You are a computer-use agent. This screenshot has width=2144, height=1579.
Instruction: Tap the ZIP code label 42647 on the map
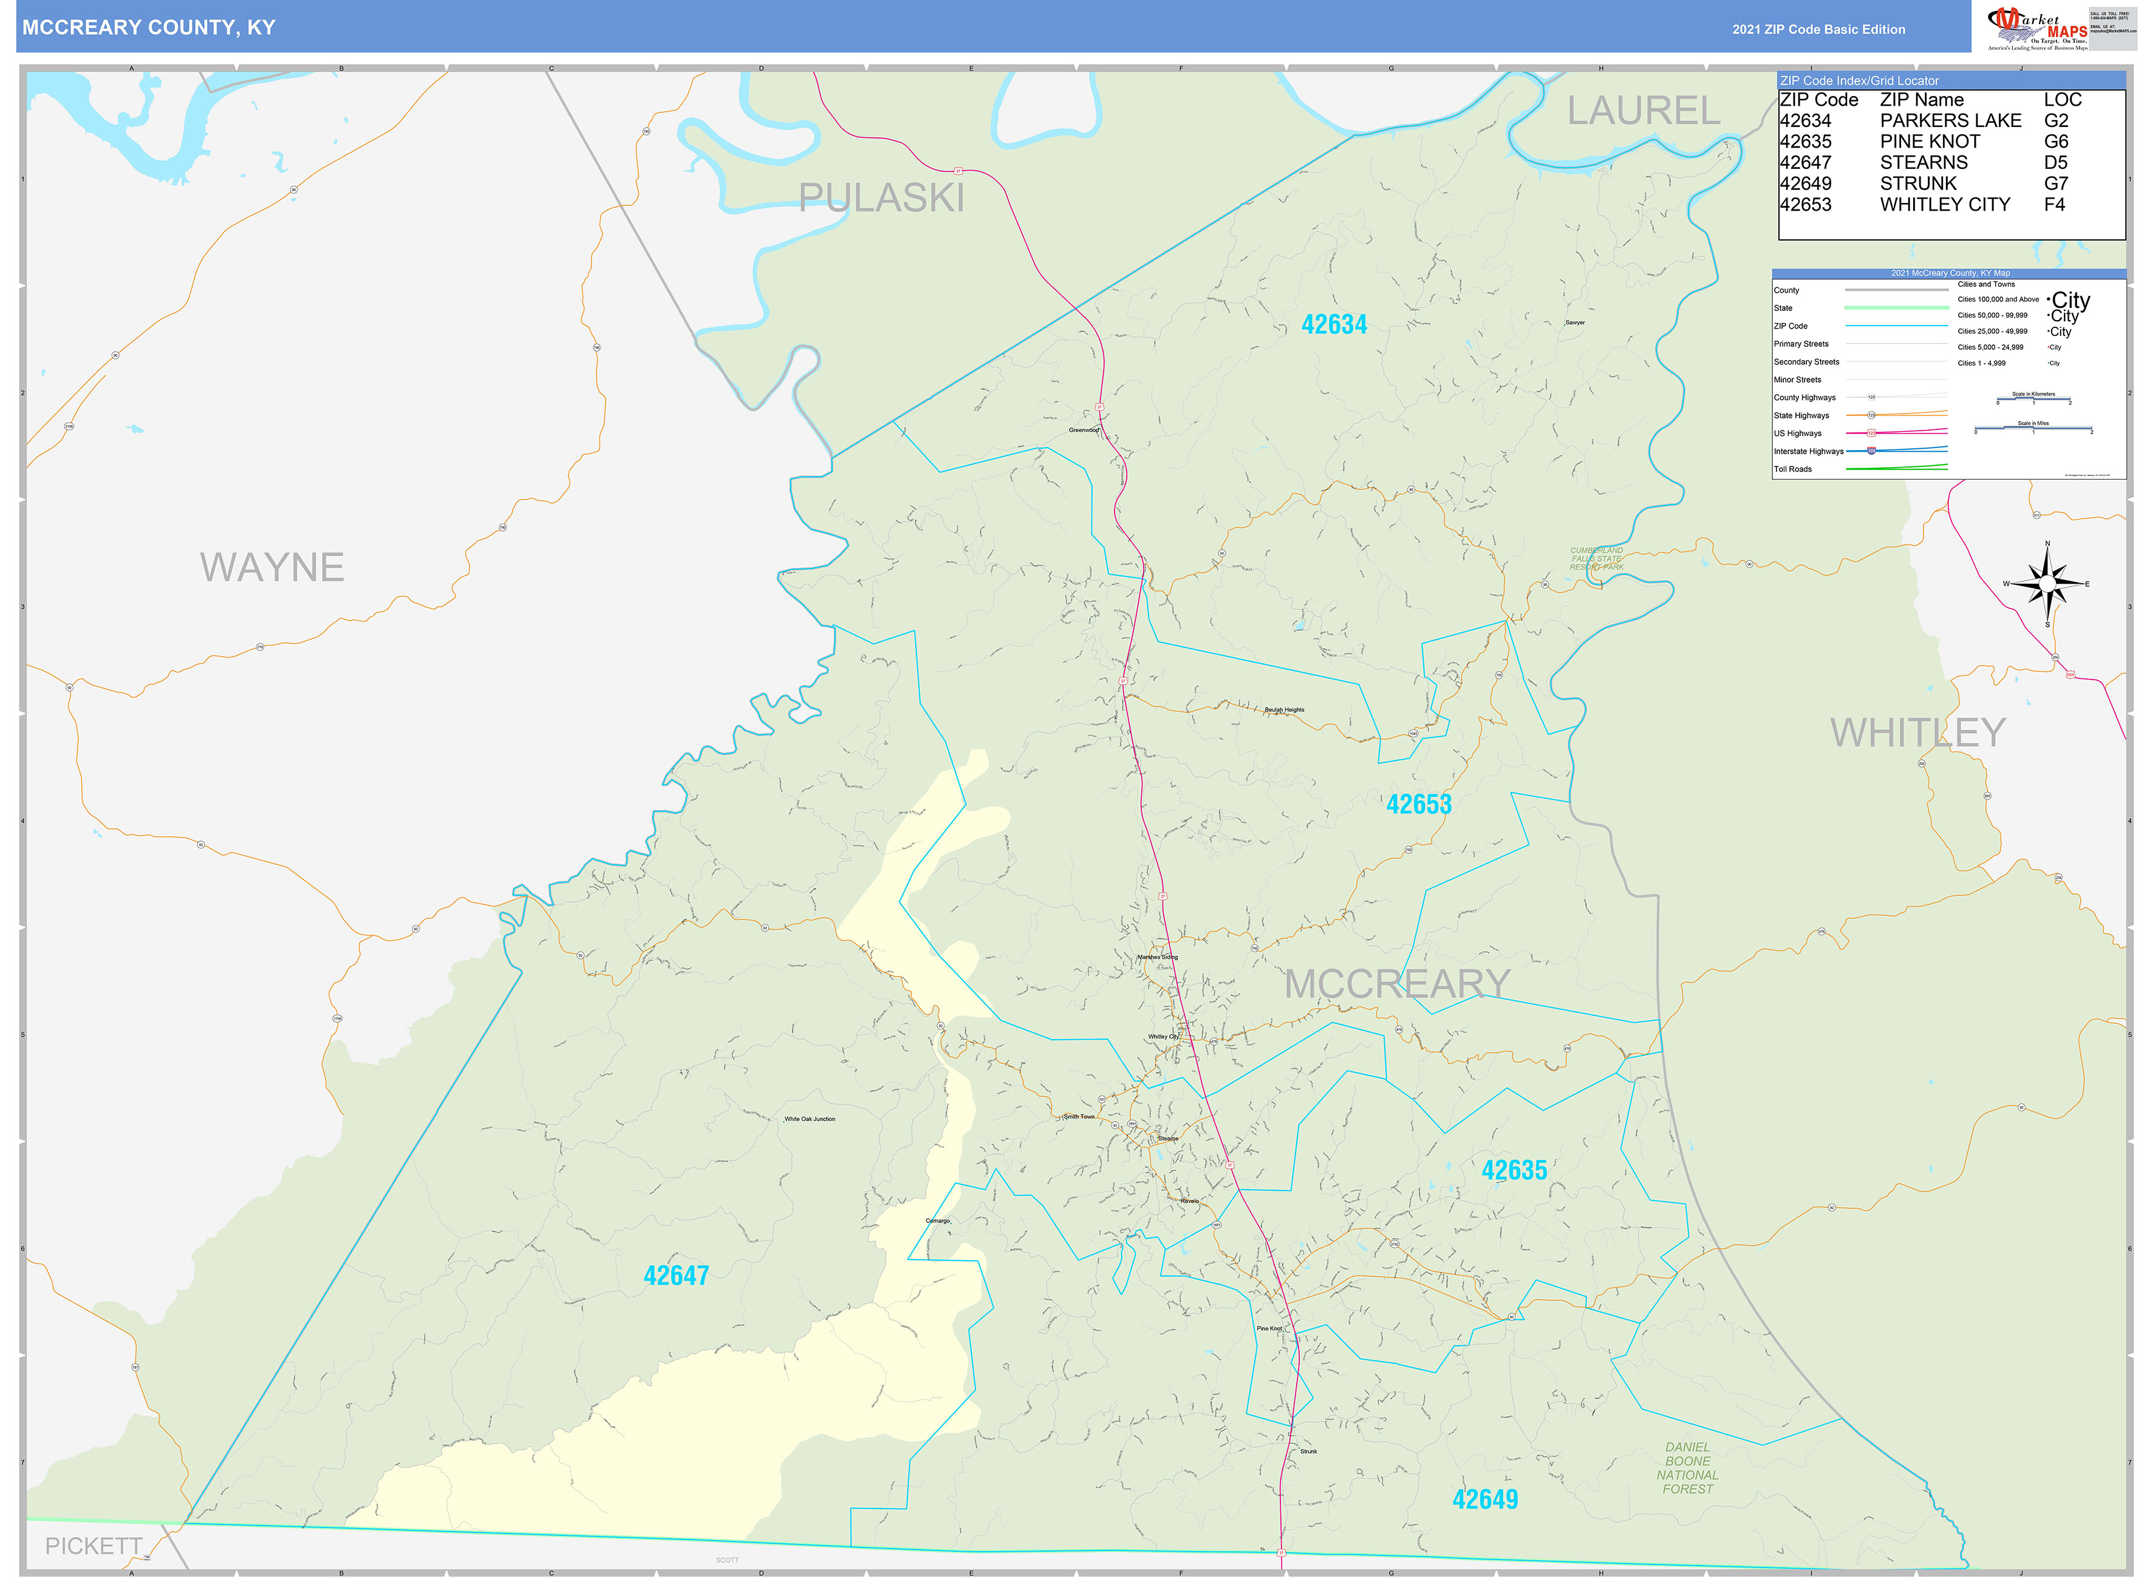676,1275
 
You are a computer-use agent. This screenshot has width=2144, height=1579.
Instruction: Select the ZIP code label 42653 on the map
1418,805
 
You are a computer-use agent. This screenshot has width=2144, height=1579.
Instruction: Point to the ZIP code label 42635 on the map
1514,1170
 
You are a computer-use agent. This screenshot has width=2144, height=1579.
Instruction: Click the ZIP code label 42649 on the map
1484,1499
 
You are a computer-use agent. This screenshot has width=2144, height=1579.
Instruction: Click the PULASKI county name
881,198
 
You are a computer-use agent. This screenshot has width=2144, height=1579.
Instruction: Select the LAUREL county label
1643,111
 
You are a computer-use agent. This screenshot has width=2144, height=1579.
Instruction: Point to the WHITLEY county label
1917,733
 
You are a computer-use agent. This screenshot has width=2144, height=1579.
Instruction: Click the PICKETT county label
94,1546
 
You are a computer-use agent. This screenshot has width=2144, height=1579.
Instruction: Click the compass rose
2046,583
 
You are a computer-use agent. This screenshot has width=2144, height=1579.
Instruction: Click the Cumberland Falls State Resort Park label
1596,559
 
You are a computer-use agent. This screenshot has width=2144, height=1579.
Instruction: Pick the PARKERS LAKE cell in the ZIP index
1950,120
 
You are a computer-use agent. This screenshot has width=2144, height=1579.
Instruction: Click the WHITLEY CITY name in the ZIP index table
1944,205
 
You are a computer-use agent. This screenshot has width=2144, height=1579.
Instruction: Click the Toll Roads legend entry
1792,469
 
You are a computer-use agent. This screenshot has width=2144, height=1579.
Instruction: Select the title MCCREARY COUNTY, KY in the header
149,28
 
